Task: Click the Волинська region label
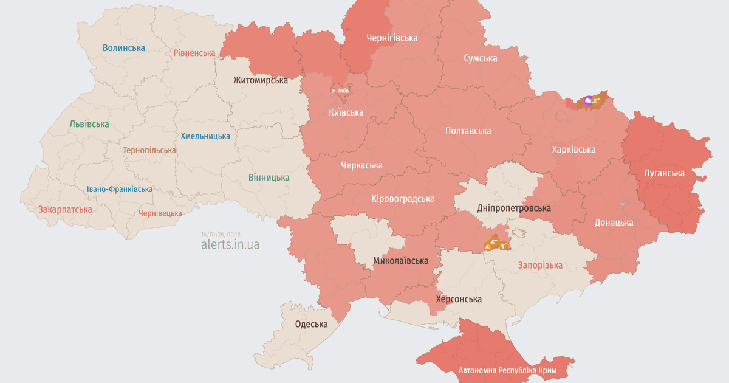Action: [x=124, y=47]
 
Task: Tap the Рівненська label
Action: [x=194, y=53]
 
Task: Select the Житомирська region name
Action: [x=261, y=80]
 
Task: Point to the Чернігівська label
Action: [x=392, y=38]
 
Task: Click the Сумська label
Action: [x=480, y=58]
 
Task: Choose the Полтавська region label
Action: [x=468, y=131]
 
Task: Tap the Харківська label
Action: [x=573, y=149]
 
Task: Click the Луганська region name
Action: [x=664, y=173]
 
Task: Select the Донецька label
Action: [x=614, y=222]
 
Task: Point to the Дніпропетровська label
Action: [x=514, y=208]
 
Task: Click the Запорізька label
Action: [x=539, y=265]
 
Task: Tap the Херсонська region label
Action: [x=459, y=299]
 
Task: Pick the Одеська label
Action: [x=311, y=324]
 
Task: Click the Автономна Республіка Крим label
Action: [x=511, y=370]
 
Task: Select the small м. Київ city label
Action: [x=340, y=91]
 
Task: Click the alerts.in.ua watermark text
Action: [x=230, y=244]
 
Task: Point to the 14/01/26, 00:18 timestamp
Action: [x=221, y=234]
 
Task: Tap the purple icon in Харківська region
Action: [x=587, y=100]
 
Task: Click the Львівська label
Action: [x=89, y=124]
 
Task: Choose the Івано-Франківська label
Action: [x=120, y=189]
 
